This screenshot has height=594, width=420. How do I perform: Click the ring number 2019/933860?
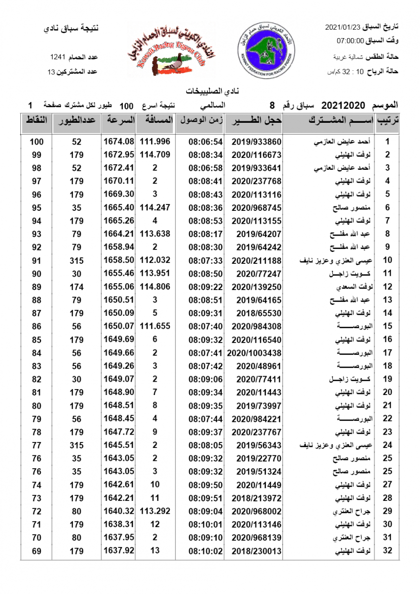(x=253, y=142)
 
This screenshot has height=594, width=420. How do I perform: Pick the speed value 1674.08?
(x=118, y=142)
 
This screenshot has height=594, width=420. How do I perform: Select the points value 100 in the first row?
(x=37, y=142)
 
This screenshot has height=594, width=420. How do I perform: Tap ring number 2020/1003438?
(x=254, y=353)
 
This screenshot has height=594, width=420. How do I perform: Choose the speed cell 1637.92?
(x=118, y=551)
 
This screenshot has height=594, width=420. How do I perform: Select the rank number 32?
(x=388, y=551)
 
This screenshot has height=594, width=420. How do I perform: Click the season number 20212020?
(x=343, y=105)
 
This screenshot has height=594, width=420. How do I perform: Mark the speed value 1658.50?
(x=118, y=260)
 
